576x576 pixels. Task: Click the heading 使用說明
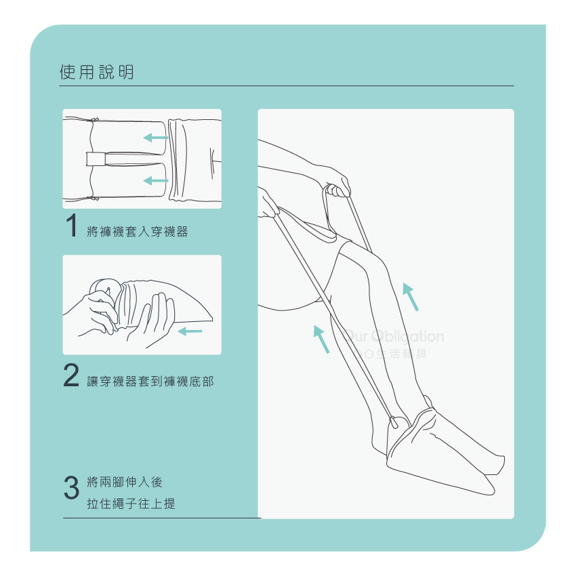coord(97,72)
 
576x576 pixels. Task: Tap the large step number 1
coord(71,226)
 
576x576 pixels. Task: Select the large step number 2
coord(71,375)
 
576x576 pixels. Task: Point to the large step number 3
coord(71,487)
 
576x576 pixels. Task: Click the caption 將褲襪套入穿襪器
coord(138,232)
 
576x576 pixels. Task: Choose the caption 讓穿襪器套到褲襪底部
coord(150,382)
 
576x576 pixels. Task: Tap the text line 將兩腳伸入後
coord(125,482)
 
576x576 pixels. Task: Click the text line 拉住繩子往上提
coord(131,503)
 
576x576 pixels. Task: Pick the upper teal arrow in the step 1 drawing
coord(156,138)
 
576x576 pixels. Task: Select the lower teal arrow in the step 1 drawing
coord(156,181)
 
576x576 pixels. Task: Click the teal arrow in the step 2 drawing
coord(190,331)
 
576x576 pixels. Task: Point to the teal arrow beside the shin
coord(411,297)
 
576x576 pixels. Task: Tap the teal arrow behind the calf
coord(321,340)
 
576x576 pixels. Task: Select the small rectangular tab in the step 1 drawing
coord(96,159)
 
